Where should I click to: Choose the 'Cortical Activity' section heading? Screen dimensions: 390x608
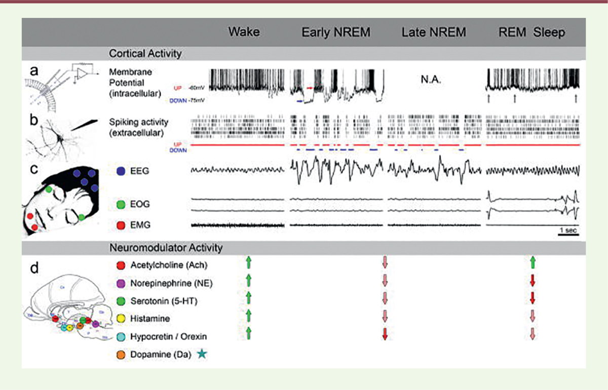tap(145, 53)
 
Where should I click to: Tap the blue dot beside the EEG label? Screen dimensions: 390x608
tap(121, 172)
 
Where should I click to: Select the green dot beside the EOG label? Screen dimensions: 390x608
tap(121, 205)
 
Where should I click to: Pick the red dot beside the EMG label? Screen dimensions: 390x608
tap(121, 223)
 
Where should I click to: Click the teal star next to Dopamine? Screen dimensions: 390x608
tap(202, 356)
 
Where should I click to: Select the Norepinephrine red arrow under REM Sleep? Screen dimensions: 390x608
tap(533, 281)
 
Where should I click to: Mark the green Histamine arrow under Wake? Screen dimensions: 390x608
tap(248, 317)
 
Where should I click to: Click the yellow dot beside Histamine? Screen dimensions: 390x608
tap(121, 319)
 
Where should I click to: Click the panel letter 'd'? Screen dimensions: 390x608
tap(33, 267)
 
